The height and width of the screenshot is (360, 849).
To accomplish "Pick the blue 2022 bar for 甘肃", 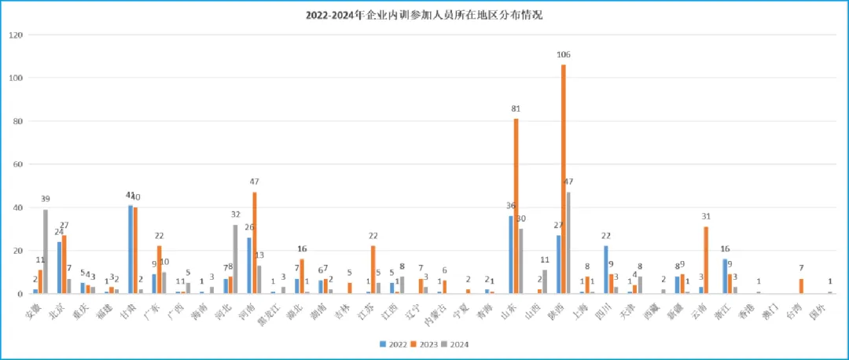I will coord(130,249).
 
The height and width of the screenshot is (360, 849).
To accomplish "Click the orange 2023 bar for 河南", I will coord(255,243).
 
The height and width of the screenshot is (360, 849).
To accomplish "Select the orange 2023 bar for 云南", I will coord(706,260).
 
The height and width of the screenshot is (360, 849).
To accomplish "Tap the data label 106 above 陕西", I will coord(563,55).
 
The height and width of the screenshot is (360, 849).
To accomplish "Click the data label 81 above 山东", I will coord(516,110).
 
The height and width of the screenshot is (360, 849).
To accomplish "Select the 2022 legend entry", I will coord(391,343).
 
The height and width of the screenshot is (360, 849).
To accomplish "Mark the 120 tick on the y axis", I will coord(17,35).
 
